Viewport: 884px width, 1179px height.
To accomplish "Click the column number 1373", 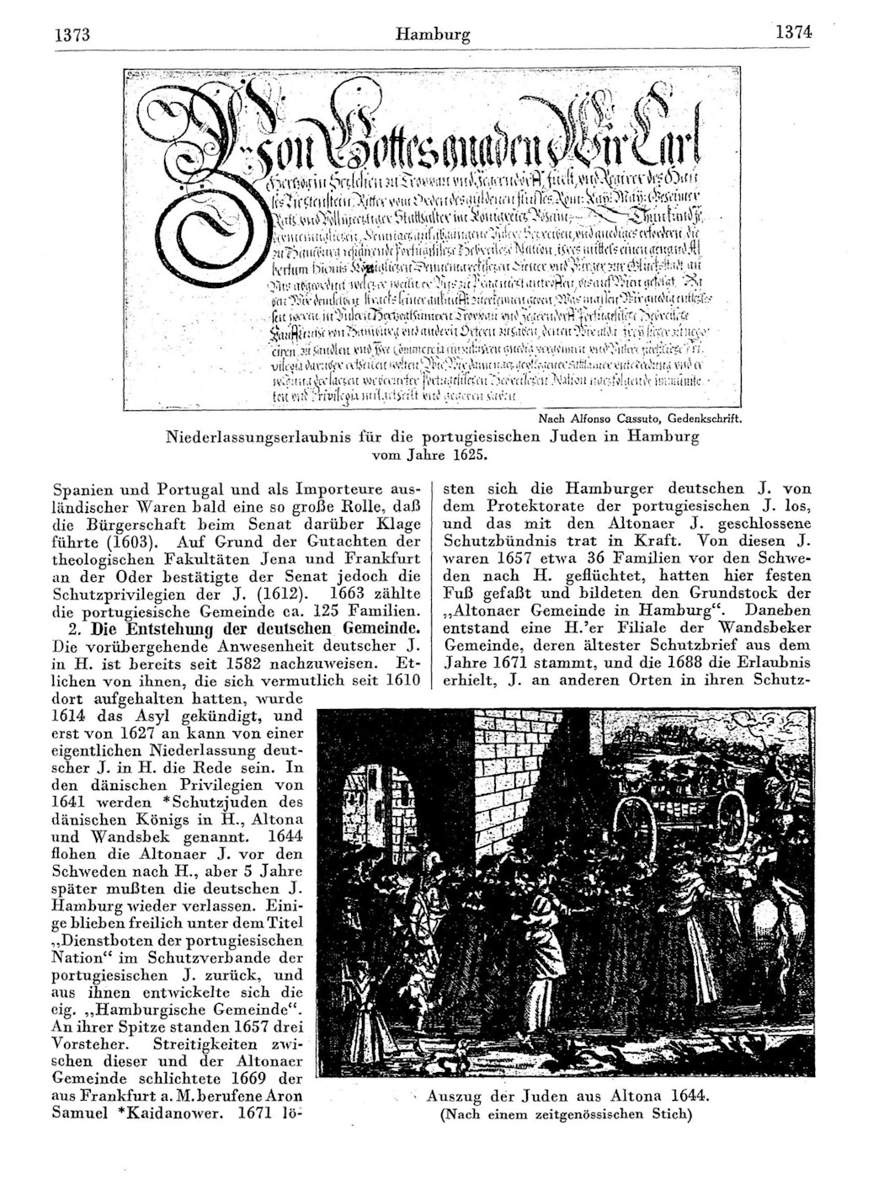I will click(x=71, y=36).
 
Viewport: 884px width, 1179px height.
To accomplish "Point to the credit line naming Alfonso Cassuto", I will click(x=639, y=419).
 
